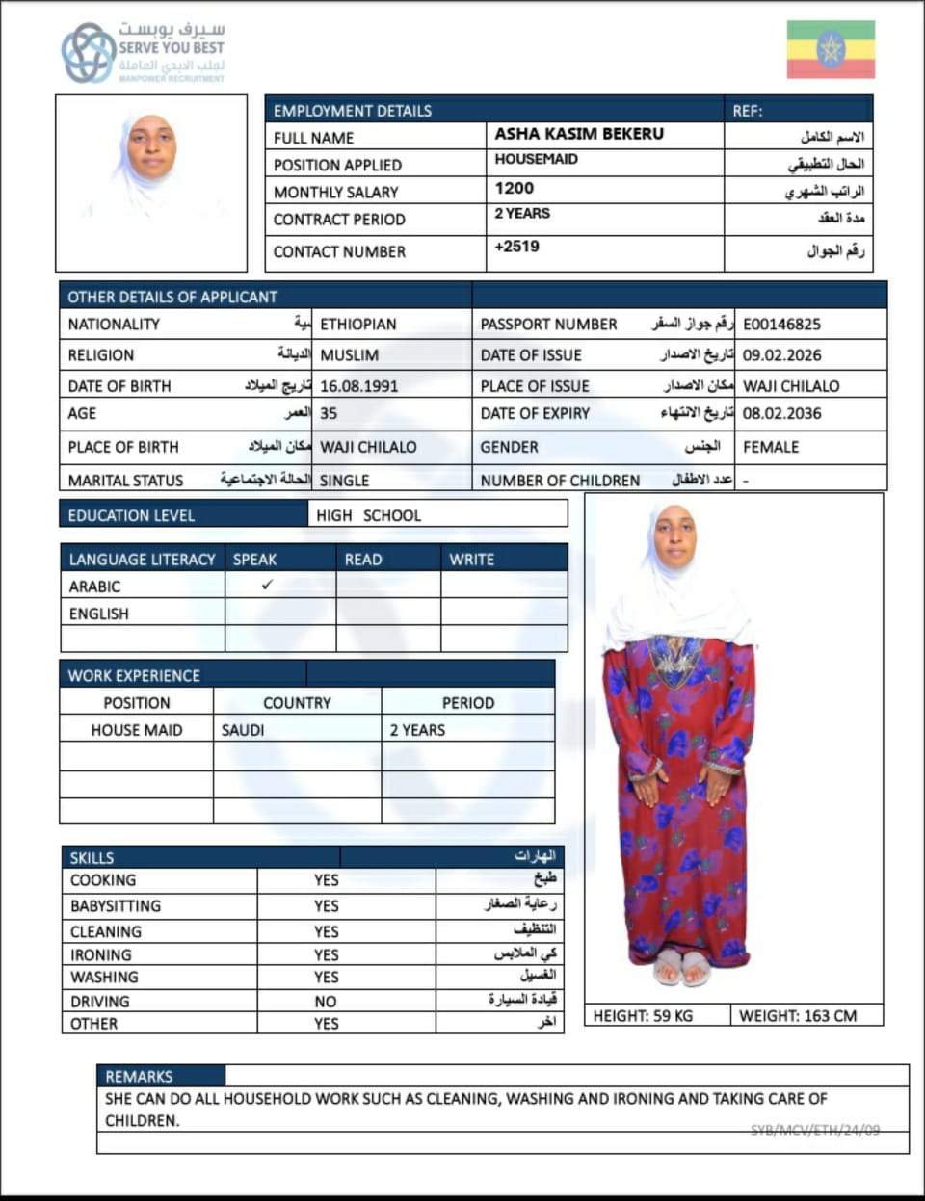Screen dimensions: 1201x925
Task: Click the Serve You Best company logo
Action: click(x=143, y=53)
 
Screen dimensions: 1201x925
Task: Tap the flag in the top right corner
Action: click(x=831, y=49)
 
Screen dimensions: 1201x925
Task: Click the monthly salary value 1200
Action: click(x=515, y=189)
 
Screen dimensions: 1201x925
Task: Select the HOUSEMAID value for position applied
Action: click(x=537, y=160)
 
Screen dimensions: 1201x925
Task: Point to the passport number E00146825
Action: click(x=781, y=325)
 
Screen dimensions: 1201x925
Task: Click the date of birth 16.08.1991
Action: click(x=358, y=386)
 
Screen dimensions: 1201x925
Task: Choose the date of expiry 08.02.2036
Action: click(x=781, y=413)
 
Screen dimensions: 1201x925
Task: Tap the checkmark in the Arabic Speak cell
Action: click(x=267, y=585)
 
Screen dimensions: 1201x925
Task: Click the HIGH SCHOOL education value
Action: click(x=368, y=515)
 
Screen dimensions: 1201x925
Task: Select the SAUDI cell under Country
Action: click(x=243, y=730)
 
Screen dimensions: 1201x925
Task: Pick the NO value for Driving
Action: click(x=326, y=1002)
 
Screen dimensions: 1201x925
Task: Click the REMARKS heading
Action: click(x=139, y=1076)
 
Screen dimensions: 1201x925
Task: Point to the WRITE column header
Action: click(x=471, y=560)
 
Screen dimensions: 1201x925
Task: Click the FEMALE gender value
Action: click(x=771, y=447)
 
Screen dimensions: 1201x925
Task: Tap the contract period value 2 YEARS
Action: click(x=522, y=214)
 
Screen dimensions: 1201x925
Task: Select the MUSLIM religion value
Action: click(x=349, y=355)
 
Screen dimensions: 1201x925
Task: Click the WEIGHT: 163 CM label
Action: click(x=797, y=1015)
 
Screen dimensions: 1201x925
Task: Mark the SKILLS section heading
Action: click(x=92, y=857)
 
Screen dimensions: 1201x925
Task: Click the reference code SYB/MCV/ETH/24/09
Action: click(x=815, y=1130)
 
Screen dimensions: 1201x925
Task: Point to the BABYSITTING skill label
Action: click(x=116, y=906)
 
